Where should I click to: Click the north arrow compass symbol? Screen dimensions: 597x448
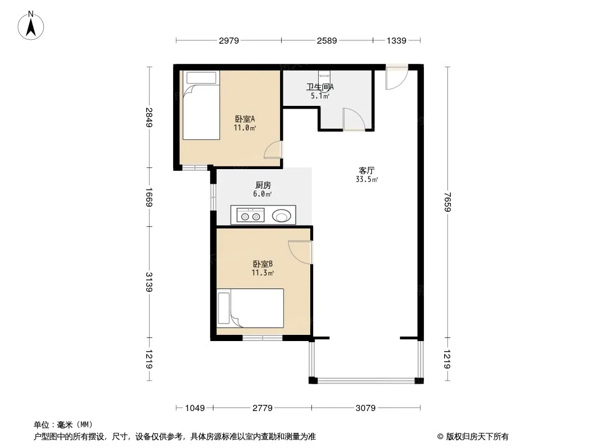(x=31, y=26)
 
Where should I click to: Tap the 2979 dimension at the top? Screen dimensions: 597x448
(x=229, y=41)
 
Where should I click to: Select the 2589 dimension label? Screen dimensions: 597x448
(x=327, y=41)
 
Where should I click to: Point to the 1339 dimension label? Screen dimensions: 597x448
(x=397, y=41)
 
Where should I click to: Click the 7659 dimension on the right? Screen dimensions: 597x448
(x=447, y=202)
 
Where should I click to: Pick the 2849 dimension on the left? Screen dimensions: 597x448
(x=149, y=118)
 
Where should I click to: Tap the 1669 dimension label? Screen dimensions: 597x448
(x=149, y=197)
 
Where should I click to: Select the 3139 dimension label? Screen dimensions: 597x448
(x=149, y=282)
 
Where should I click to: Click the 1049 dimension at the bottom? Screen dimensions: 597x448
(x=195, y=408)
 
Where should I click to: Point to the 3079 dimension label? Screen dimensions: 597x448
(x=366, y=408)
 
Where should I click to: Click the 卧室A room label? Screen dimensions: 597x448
(x=245, y=119)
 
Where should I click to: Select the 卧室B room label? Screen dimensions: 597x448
(x=263, y=264)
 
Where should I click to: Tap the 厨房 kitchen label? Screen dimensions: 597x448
(x=263, y=185)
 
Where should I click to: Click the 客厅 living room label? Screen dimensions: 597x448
(x=367, y=171)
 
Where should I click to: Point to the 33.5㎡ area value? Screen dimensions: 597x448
(x=367, y=179)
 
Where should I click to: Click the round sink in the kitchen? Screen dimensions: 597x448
(x=281, y=216)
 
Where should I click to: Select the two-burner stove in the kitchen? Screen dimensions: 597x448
(x=250, y=215)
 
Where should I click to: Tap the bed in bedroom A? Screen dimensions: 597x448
(x=201, y=105)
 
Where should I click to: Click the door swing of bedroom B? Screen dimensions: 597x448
(x=300, y=252)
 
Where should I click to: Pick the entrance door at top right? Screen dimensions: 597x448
(x=397, y=78)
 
